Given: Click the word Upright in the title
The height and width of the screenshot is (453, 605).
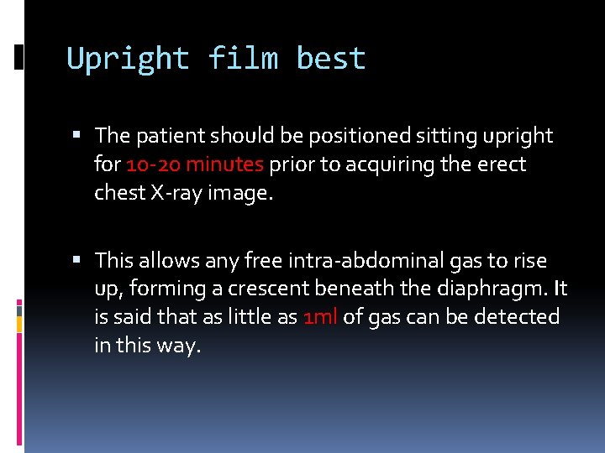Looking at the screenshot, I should point(128,60).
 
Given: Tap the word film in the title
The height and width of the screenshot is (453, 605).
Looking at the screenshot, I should point(242,60).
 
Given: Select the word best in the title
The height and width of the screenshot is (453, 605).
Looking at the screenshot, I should point(331,60).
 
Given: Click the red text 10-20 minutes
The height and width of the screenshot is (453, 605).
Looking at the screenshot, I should point(195,164).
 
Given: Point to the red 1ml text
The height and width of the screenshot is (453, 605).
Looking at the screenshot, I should point(320,317).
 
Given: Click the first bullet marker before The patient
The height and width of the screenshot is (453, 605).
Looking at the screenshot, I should point(77,135).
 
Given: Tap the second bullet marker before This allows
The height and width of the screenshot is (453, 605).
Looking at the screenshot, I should point(77,261).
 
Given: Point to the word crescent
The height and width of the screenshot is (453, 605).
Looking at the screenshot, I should point(266,289).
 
